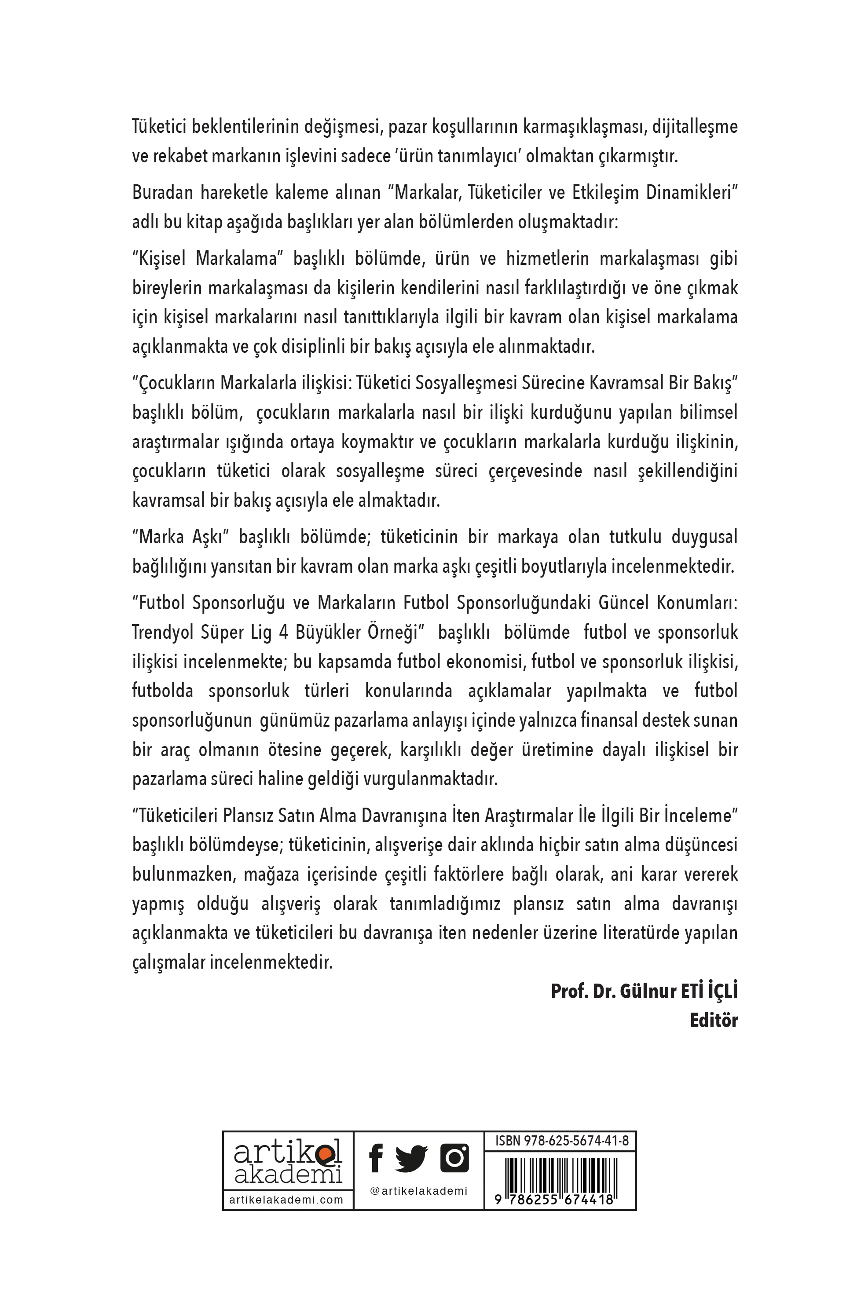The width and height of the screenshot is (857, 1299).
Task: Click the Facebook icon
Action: (375, 1159)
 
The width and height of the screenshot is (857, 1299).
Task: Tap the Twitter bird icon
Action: (411, 1159)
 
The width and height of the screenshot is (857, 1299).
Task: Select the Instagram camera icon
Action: (454, 1157)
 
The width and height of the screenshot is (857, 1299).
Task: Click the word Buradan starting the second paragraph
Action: (162, 193)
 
